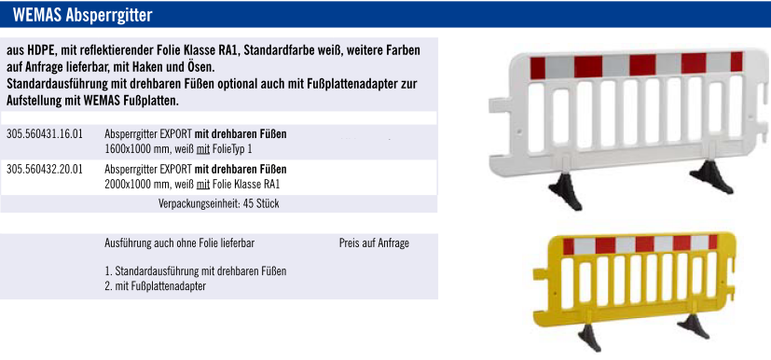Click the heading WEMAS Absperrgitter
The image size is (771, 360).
point(83,15)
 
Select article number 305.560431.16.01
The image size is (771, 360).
point(45,133)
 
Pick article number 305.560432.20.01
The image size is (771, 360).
point(45,170)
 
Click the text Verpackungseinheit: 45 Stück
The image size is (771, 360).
point(219,203)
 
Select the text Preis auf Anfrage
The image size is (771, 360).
point(374,242)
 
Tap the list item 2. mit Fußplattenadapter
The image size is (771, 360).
point(156,285)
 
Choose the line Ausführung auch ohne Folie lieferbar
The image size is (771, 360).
point(180,242)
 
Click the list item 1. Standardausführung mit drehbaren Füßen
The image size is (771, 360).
point(196,271)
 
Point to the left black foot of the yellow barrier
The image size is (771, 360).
point(590,336)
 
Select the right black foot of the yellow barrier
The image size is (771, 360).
point(694,325)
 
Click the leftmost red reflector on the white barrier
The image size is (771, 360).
point(538,68)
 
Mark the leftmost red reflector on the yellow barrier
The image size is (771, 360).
point(569,246)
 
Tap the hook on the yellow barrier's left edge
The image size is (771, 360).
point(541,276)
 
